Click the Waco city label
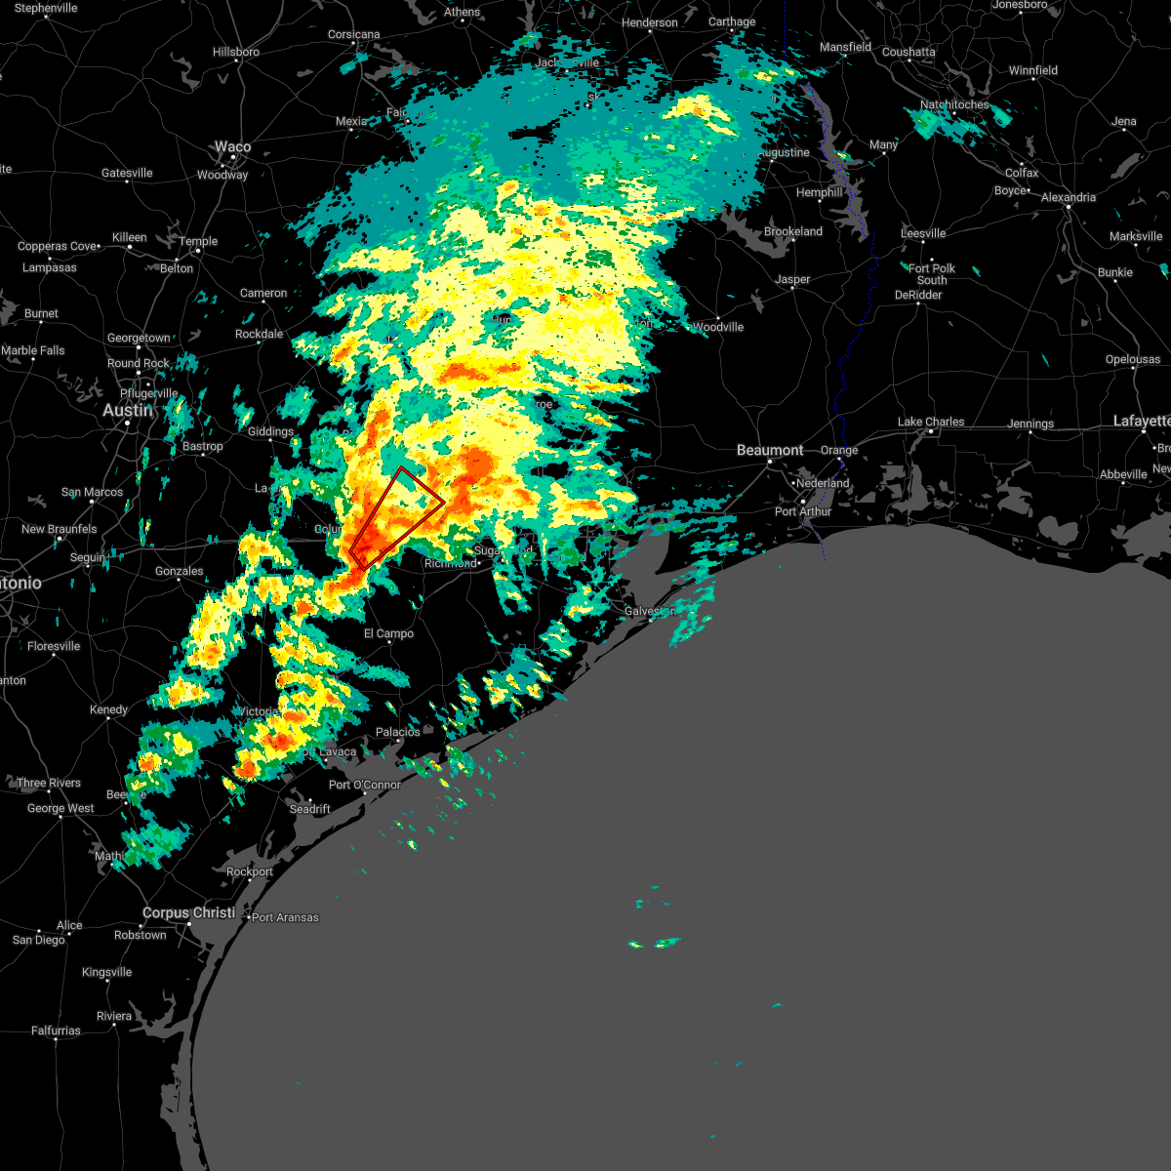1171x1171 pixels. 232,147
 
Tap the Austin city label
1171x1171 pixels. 128,411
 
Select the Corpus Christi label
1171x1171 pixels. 188,912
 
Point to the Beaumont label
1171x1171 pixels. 770,450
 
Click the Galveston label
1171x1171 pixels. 649,611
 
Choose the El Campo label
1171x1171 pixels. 388,633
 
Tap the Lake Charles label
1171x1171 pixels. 931,422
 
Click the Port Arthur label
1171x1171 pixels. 803,511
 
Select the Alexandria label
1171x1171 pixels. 1069,197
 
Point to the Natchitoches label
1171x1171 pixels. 954,104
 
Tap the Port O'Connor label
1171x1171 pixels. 365,785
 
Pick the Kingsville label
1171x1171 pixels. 106,972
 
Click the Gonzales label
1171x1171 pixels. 180,571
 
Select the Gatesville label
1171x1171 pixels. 127,173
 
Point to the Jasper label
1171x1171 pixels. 792,279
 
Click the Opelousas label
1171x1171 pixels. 1133,359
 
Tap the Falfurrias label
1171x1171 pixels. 56,1030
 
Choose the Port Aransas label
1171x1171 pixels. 285,917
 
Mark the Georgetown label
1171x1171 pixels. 139,338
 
